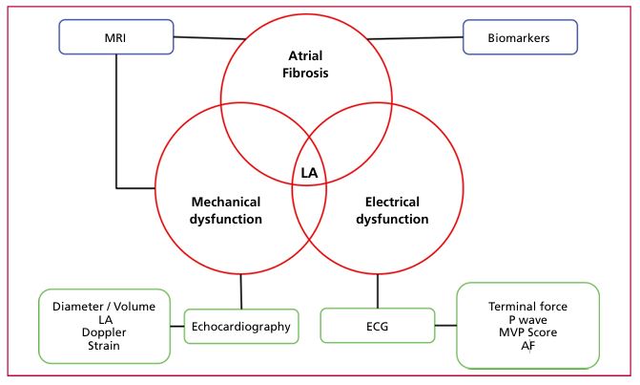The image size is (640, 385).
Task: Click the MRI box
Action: pos(116,39)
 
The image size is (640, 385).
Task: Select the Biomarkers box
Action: pos(520,39)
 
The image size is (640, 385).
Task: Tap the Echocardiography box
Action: pos(240,326)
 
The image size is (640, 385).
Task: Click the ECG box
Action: pos(378,326)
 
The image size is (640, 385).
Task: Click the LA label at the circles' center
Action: pos(309,173)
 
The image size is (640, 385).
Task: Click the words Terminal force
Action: pos(527,307)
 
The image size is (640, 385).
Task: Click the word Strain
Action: pos(102,346)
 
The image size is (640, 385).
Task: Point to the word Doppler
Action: pos(102,332)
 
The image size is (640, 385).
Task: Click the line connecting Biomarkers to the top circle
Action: pos(415,38)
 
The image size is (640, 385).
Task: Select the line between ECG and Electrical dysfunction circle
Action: pos(378,290)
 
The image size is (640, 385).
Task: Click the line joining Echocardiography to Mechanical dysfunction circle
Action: pos(240,290)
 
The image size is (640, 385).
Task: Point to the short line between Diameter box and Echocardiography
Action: pos(175,326)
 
